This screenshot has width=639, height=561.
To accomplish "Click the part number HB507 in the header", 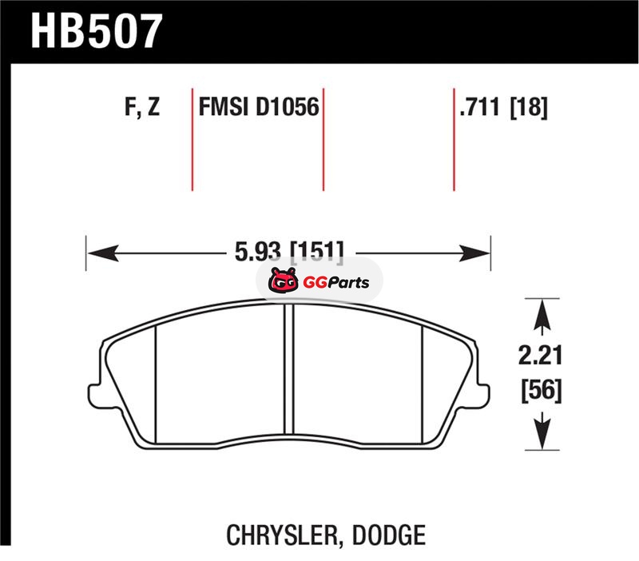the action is [96, 31].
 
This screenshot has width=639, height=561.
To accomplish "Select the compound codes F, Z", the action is [142, 107].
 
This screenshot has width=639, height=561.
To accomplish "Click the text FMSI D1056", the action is [259, 107].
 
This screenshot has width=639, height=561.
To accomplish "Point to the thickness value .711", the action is [479, 107].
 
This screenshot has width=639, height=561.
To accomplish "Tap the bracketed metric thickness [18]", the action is [529, 108].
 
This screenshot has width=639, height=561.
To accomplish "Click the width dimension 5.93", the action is [258, 251].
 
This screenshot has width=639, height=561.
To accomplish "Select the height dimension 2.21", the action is [541, 355].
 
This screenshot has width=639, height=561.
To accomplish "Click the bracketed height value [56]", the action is [542, 391].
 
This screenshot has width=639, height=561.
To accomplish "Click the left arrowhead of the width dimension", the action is [103, 253].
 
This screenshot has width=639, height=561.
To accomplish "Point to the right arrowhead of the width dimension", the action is [474, 253].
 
